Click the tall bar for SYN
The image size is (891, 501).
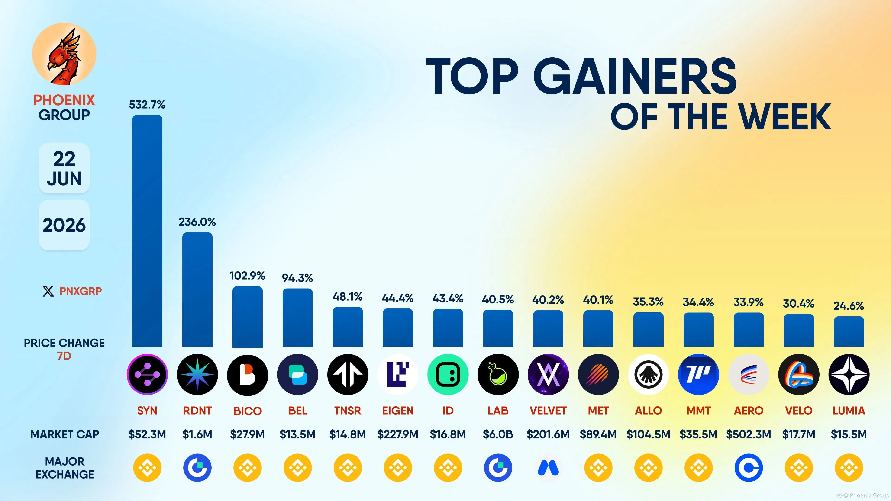click(x=147, y=231)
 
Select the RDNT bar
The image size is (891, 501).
click(x=197, y=289)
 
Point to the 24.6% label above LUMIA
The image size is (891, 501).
click(x=849, y=306)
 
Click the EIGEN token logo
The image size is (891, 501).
click(x=398, y=374)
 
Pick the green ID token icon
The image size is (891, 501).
click(x=448, y=374)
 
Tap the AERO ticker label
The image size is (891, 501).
click(x=749, y=411)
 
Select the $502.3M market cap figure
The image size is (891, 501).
click(x=749, y=434)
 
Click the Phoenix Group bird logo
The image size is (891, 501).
click(x=64, y=54)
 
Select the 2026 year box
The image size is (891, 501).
click(x=64, y=225)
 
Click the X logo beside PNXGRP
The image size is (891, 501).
click(x=48, y=291)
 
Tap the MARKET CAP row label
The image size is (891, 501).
click(x=65, y=434)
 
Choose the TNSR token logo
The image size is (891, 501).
click(x=348, y=374)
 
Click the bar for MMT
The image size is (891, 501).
click(x=698, y=330)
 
